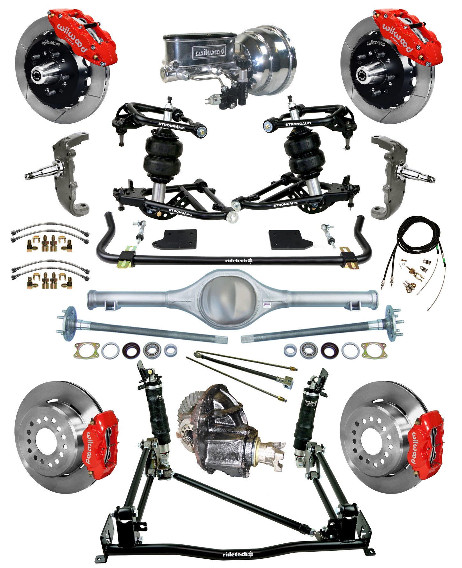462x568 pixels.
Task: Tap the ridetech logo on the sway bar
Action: (x=238, y=261)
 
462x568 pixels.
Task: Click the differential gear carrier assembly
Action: (x=224, y=431)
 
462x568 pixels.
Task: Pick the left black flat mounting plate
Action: (x=175, y=240)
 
